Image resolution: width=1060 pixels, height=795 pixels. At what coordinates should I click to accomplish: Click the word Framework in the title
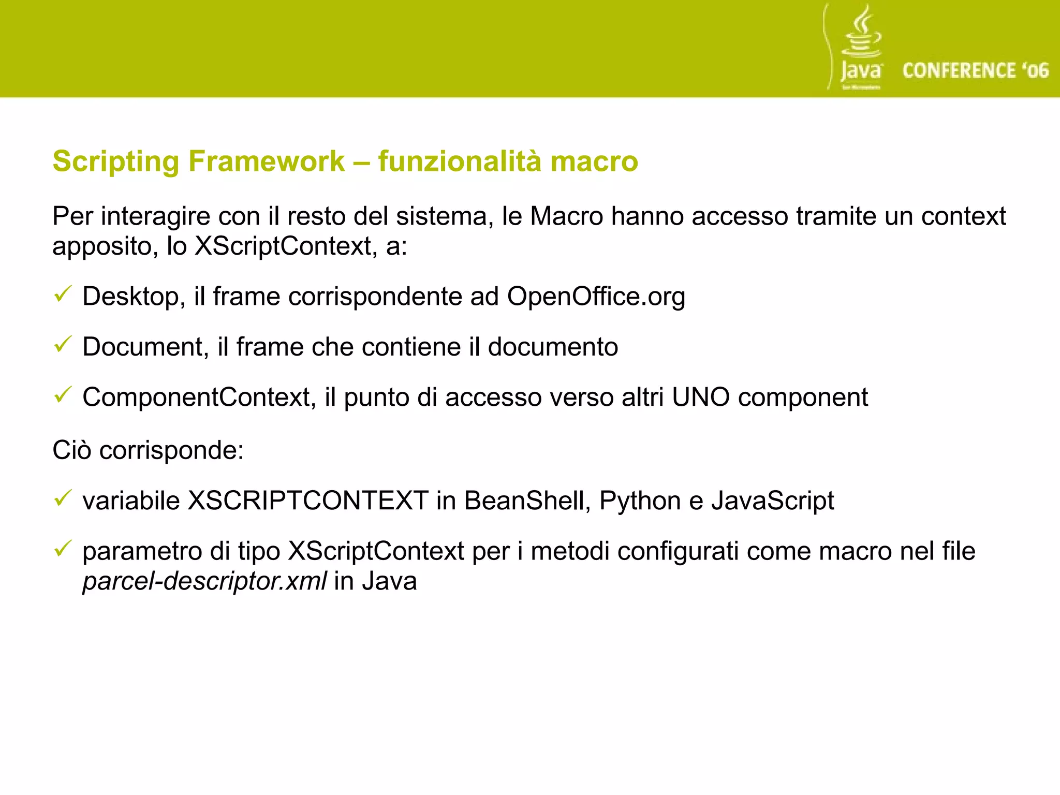(266, 161)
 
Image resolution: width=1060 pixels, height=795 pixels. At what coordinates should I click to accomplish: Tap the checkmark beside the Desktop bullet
(63, 295)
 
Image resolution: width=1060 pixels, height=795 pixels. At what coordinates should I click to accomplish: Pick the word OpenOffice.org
(596, 297)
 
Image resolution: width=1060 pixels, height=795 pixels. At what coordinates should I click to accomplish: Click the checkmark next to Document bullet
(63, 345)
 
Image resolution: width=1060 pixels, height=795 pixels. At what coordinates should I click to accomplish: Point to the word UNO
(701, 397)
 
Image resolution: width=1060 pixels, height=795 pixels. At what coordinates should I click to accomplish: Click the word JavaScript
(772, 501)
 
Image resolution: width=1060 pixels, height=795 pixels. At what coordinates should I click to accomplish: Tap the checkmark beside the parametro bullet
(63, 548)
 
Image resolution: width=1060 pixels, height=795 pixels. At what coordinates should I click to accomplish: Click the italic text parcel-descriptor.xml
(204, 581)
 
